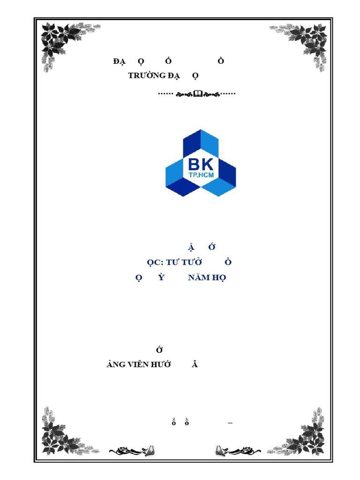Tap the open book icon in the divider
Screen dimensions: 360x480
[197, 94]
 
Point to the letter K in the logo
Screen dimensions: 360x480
[207, 165]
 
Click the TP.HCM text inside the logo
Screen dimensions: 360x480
[201, 175]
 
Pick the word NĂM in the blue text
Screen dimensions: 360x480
[197, 277]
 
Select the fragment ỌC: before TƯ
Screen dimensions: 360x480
[155, 262]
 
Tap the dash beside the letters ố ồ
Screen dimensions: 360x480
[230, 423]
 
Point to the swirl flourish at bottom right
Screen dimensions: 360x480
[237, 451]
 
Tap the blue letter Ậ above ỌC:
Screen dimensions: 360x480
[190, 247]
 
